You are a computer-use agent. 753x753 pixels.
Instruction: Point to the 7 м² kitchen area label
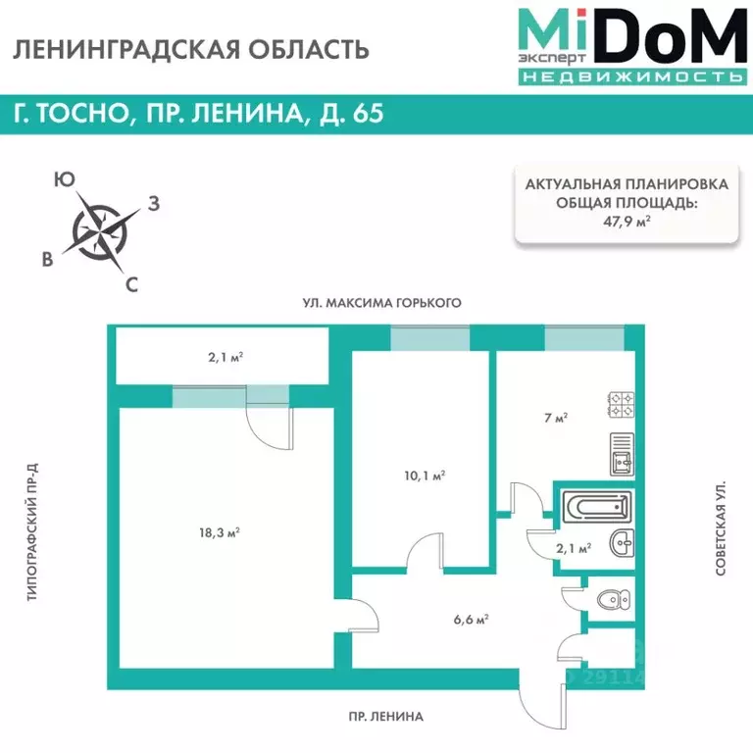click(x=555, y=418)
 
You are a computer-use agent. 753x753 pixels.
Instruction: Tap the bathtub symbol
click(x=596, y=508)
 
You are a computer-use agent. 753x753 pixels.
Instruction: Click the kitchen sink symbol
click(x=622, y=454)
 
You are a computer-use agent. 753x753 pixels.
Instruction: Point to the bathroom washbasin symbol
click(x=621, y=541)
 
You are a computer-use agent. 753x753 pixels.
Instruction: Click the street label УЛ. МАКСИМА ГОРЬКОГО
click(x=381, y=303)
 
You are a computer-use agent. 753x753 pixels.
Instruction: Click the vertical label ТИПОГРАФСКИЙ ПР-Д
click(x=32, y=533)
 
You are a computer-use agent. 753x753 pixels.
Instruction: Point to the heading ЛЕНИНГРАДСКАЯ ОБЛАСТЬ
click(x=191, y=49)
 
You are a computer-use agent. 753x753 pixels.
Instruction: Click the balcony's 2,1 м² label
click(x=225, y=357)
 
